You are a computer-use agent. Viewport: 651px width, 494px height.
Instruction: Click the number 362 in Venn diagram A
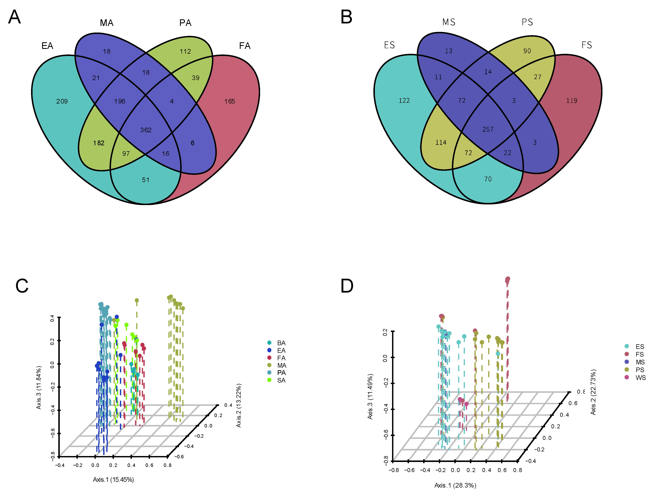coord(146,130)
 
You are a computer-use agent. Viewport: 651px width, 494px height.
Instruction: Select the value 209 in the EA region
coord(62,101)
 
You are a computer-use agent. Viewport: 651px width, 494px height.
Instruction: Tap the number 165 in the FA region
coord(230,101)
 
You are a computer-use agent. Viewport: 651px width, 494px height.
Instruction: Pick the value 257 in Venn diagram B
coord(488,129)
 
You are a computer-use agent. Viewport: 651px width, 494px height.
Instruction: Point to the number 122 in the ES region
coord(404,101)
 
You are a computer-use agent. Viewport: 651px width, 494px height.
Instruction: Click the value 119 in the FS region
coord(572,101)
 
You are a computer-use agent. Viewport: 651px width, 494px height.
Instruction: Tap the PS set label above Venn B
coord(527,22)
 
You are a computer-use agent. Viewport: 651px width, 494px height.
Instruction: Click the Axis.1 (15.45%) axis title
coord(113,480)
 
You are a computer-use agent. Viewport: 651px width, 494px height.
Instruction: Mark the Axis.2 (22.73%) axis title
coord(593,392)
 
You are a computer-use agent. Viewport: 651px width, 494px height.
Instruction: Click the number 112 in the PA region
coord(185,52)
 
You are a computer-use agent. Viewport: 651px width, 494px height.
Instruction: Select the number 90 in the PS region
coord(527,51)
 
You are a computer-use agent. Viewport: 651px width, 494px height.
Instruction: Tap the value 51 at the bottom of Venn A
coord(146,180)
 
